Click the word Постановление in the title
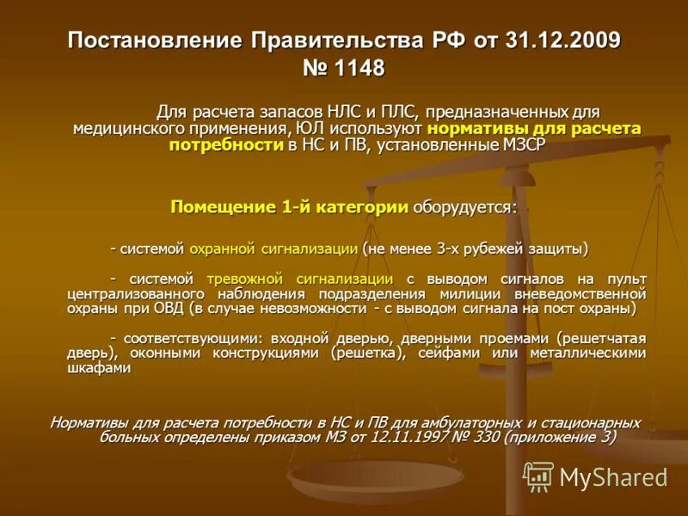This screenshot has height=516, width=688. [156, 40]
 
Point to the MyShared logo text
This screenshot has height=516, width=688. [613, 477]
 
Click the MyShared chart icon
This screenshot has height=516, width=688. [539, 476]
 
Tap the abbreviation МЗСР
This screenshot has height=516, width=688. [524, 144]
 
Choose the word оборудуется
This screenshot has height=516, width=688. [464, 207]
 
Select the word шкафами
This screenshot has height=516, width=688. [99, 367]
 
